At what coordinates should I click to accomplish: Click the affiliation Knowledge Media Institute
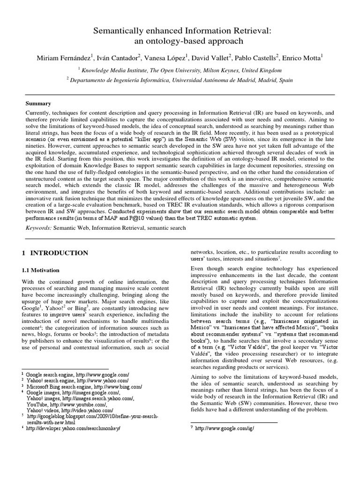click(118, 70)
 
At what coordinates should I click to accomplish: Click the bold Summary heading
click(38, 103)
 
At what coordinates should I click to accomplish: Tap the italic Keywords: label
click(40, 227)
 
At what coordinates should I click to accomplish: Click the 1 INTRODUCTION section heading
click(55, 253)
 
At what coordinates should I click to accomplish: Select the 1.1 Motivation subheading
click(41, 270)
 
